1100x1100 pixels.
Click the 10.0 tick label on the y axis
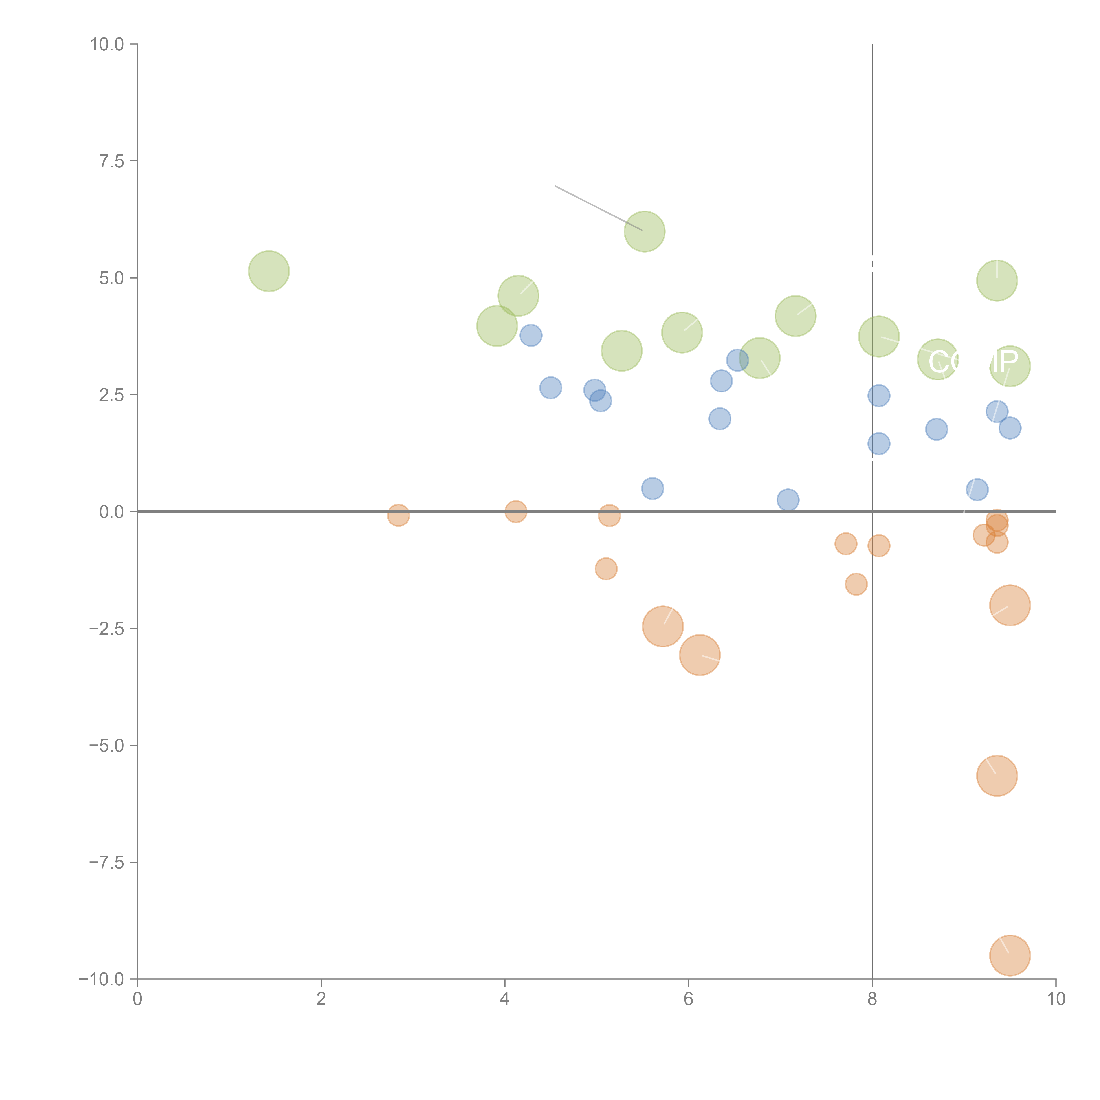pos(107,44)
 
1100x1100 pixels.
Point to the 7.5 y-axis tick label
pos(112,161)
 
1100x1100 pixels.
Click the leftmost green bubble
pos(269,271)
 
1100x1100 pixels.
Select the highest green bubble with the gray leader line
pos(645,231)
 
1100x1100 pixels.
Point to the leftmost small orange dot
pos(399,515)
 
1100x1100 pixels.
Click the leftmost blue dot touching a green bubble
pos(531,335)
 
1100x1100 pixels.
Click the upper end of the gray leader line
pos(556,186)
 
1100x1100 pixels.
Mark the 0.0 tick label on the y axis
pos(112,512)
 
